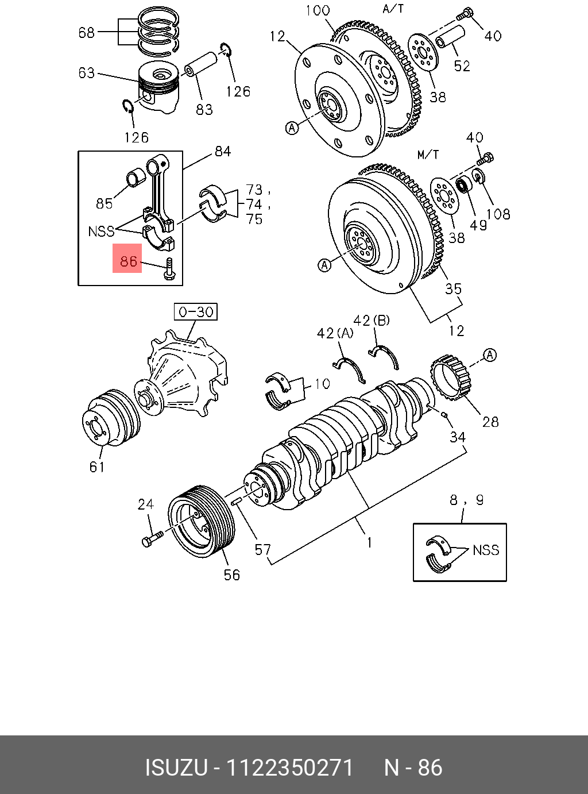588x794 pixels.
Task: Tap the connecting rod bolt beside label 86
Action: click(168, 268)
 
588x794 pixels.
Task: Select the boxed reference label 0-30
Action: click(196, 312)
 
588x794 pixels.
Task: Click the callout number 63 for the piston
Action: click(87, 73)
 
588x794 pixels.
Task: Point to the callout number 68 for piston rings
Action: click(87, 32)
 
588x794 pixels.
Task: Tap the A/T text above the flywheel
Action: click(393, 9)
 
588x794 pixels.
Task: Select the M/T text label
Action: click(428, 155)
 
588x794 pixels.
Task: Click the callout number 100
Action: click(318, 10)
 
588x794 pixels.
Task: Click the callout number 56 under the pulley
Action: click(232, 575)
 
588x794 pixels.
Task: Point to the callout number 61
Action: click(98, 467)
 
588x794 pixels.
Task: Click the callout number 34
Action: click(457, 437)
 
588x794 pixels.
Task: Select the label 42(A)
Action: click(335, 333)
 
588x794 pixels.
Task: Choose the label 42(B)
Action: click(371, 320)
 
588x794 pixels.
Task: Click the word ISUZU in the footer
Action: click(176, 768)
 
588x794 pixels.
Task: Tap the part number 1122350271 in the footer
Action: click(290, 768)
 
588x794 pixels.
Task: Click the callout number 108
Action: click(498, 214)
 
